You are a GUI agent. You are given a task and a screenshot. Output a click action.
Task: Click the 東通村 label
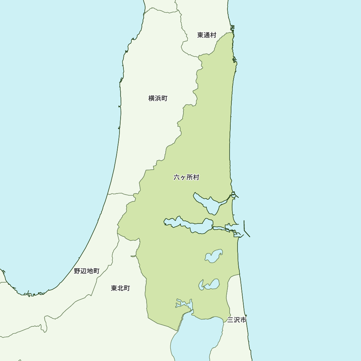(206, 35)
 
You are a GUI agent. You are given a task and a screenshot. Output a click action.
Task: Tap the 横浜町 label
(158, 98)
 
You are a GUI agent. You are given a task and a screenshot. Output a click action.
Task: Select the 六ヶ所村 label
(186, 177)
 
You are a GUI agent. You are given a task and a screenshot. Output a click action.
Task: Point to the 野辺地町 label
(87, 271)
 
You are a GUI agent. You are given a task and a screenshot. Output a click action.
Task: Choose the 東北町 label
(120, 288)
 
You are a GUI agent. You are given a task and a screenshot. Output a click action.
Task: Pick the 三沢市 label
(237, 320)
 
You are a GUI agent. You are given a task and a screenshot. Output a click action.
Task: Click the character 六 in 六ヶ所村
(177, 177)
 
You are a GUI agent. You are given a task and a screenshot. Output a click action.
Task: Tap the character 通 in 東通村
(206, 35)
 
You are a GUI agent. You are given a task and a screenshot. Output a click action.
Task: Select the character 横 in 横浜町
(152, 98)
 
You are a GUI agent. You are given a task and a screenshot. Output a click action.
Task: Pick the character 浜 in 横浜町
(158, 98)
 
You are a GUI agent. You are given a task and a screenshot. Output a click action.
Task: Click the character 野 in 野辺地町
(77, 271)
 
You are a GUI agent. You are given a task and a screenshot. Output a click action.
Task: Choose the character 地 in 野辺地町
(90, 271)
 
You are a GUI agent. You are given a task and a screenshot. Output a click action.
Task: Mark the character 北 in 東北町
(120, 288)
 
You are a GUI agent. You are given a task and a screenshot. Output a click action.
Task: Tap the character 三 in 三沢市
(230, 320)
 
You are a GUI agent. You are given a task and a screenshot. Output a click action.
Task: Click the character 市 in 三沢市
(243, 320)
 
